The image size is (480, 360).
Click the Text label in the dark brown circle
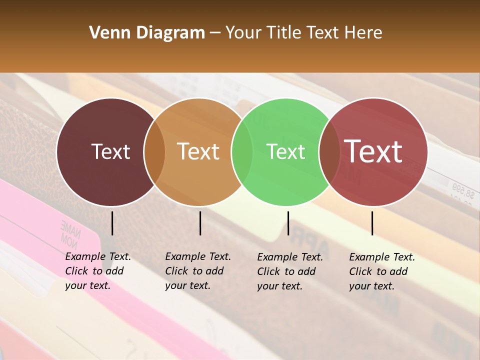(110, 151)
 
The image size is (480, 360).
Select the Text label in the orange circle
(198, 151)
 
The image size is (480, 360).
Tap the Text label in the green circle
(285, 151)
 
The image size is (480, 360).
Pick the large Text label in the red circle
(373, 151)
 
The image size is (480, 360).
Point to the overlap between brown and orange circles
(154, 152)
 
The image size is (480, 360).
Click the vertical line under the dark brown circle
(112, 223)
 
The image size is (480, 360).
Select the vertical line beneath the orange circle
(200, 223)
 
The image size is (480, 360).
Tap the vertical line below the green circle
(288, 223)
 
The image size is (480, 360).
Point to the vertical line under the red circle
(372, 223)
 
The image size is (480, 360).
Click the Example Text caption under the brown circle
(97, 271)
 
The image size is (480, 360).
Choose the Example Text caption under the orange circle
(197, 271)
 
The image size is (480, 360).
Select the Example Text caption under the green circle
(289, 271)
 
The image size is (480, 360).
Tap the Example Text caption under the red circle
(381, 271)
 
